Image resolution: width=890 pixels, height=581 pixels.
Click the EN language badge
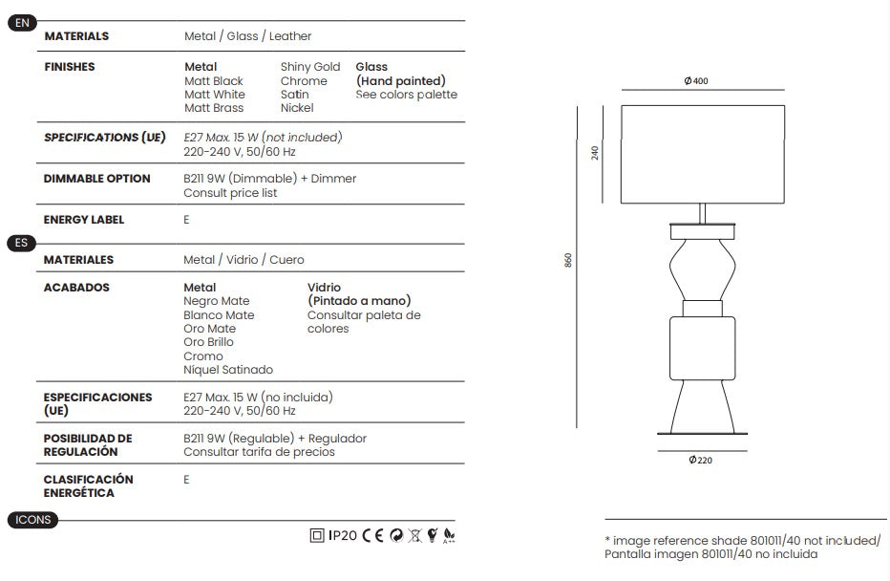[x=22, y=23]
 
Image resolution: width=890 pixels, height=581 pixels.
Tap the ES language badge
[x=22, y=243]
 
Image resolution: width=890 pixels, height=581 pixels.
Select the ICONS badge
[x=32, y=520]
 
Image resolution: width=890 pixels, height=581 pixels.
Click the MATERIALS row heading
[x=76, y=36]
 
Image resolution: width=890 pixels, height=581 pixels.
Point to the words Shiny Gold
[x=310, y=67]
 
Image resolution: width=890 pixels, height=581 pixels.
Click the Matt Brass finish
[x=214, y=108]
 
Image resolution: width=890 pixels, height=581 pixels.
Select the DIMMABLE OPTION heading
[x=97, y=179]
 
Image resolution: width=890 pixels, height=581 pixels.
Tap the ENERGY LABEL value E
[x=186, y=220]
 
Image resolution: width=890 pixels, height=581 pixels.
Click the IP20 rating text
[x=343, y=535]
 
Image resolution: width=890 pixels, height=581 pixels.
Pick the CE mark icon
[x=373, y=535]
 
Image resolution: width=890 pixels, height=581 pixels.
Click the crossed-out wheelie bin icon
[x=415, y=535]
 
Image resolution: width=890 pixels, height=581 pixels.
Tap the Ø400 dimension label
[x=696, y=81]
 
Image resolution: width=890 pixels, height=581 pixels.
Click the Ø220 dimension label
[x=700, y=460]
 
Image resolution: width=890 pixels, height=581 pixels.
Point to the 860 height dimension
[x=568, y=260]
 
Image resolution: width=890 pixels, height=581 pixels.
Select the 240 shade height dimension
[x=595, y=153]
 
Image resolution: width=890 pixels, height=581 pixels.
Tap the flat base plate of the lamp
[x=702, y=434]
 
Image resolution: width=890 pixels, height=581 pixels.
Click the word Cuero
[x=286, y=260]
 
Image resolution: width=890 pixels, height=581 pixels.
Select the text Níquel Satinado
[x=228, y=370]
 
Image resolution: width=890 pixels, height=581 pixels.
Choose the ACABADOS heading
[x=76, y=288]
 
